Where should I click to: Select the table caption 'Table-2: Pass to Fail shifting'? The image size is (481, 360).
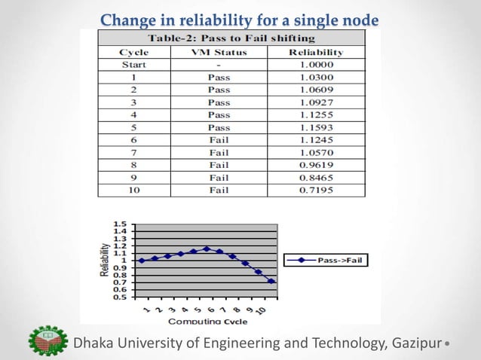pyautogui.click(x=231, y=38)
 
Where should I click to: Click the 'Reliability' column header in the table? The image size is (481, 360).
pyautogui.click(x=316, y=53)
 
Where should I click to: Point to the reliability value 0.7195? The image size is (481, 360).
pyautogui.click(x=316, y=190)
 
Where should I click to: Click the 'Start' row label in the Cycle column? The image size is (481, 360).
pyautogui.click(x=133, y=65)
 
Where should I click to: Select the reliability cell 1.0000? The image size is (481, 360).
pyautogui.click(x=316, y=65)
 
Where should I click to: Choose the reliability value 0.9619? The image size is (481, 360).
pyautogui.click(x=316, y=165)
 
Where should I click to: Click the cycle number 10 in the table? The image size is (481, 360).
pyautogui.click(x=133, y=190)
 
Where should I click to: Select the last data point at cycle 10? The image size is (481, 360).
pyautogui.click(x=271, y=281)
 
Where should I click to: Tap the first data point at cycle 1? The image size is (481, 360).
pyautogui.click(x=141, y=261)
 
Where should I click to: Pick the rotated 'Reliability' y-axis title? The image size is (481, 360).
pyautogui.click(x=105, y=260)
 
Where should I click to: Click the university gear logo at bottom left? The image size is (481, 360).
pyautogui.click(x=46, y=343)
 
